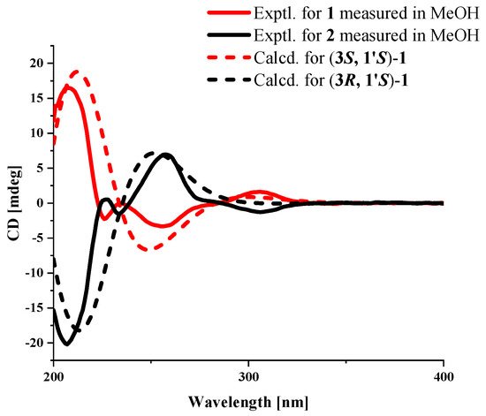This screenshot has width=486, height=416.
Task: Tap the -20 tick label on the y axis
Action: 34,344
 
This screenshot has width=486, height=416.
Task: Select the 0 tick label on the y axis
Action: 40,203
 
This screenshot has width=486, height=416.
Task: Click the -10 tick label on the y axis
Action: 34,274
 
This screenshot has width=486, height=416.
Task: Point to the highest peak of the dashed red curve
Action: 77,72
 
